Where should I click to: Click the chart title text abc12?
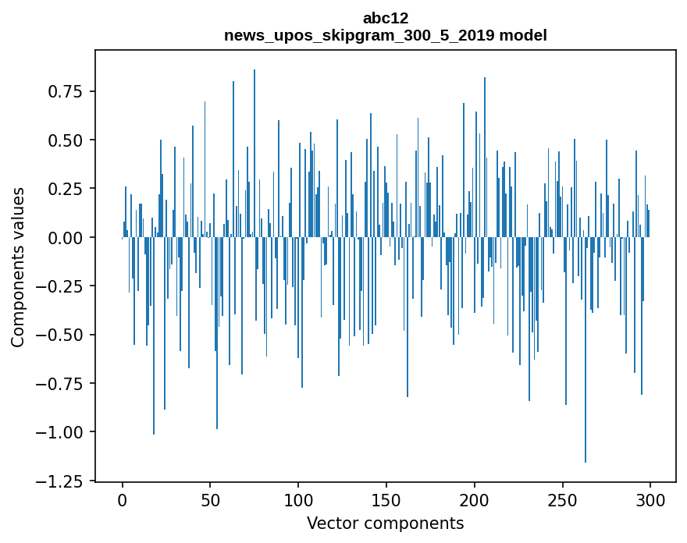(x=385, y=18)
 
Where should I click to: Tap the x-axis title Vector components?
(x=385, y=523)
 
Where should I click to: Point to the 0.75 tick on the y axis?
(x=65, y=91)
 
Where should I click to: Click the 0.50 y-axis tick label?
(x=65, y=140)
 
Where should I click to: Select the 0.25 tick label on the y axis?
(x=65, y=189)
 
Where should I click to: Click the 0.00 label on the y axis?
(x=65, y=237)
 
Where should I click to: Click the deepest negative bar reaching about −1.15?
(x=586, y=351)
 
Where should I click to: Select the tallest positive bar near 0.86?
(x=255, y=156)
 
